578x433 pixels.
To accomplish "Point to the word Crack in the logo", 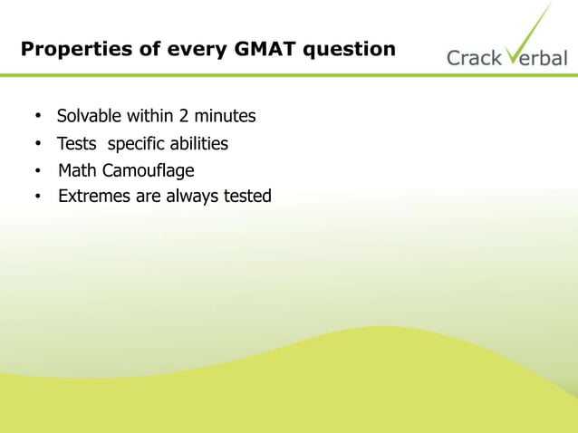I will click(x=473, y=58).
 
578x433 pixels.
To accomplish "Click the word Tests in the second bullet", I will click(x=78, y=144).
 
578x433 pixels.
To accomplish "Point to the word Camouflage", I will click(x=148, y=170).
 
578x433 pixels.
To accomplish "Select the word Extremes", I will click(x=94, y=196).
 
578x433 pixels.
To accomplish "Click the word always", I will click(x=193, y=197).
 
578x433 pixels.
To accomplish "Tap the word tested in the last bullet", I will click(x=247, y=196).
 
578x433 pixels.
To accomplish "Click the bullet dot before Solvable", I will click(x=38, y=117).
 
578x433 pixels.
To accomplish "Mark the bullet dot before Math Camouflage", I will click(x=38, y=171).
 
